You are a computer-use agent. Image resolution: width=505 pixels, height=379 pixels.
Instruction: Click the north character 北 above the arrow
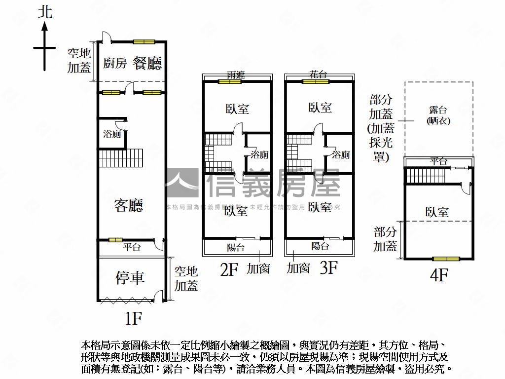pos(44,12)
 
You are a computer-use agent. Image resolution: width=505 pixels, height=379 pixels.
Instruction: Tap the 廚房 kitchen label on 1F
pos(115,63)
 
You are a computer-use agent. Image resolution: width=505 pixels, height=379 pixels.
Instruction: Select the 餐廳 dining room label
pos(147,63)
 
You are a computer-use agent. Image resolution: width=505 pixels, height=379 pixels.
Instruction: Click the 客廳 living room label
pos(128,205)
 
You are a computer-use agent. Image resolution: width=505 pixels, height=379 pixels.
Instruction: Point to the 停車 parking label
pos(130,277)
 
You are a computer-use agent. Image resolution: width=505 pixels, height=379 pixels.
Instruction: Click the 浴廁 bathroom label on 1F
pos(111,134)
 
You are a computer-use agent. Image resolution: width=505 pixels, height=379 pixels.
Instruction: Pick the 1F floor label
pos(133,319)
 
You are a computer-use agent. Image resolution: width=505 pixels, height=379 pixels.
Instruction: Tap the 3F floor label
pos(328,268)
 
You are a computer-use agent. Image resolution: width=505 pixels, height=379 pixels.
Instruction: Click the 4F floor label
pos(438,275)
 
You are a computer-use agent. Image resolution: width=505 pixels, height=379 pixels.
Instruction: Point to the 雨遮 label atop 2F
pos(236,75)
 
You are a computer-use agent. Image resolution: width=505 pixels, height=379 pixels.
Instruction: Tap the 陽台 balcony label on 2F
pos(236,247)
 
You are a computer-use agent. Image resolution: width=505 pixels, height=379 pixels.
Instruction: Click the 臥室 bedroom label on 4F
pos(437,212)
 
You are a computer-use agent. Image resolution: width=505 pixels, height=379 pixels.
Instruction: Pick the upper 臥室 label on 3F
pos(320,108)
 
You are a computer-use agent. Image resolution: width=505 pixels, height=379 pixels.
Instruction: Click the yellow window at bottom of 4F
pos(446,259)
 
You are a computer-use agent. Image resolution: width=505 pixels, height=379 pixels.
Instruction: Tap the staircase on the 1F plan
pos(121,158)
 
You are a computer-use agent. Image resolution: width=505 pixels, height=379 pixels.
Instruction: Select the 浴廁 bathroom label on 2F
pos(259,154)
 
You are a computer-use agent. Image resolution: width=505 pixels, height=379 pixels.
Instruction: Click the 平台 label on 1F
pos(132,247)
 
